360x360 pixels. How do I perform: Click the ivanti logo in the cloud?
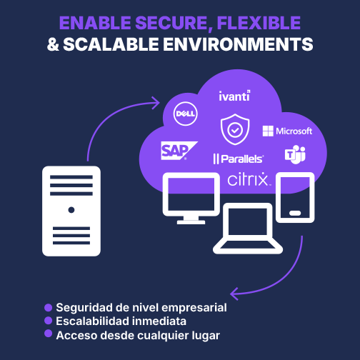click(234, 96)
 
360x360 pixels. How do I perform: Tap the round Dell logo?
click(186, 114)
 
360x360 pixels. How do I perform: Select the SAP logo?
click(179, 151)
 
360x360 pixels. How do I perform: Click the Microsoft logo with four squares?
click(287, 131)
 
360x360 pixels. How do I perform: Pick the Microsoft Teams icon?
click(295, 154)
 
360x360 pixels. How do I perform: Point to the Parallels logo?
click(239, 159)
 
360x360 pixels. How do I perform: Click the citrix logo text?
click(249, 179)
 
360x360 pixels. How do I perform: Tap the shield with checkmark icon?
click(235, 129)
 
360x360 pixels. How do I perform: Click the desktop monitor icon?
click(191, 199)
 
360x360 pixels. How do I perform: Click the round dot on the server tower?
click(71, 210)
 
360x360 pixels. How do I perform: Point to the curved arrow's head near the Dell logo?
click(156, 103)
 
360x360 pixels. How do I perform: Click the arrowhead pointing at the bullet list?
click(234, 294)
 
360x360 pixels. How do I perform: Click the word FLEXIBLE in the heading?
click(259, 23)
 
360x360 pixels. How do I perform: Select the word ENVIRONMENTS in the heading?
click(238, 44)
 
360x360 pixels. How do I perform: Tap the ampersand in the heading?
click(53, 44)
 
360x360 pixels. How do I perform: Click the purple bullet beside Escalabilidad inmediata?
click(48, 321)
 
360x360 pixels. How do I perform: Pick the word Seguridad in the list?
click(84, 308)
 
